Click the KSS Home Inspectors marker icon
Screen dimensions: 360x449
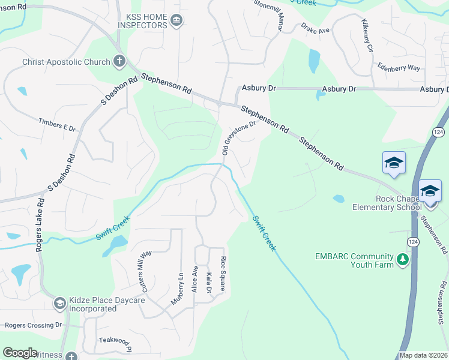click(176, 22)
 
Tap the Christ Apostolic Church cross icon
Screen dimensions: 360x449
click(119, 61)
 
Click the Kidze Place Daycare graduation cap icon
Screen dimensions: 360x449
click(59, 304)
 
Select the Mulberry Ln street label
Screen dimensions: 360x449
click(177, 289)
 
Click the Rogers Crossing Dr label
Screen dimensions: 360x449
click(34, 325)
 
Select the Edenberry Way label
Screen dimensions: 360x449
click(399, 67)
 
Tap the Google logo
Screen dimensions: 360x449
click(20, 353)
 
